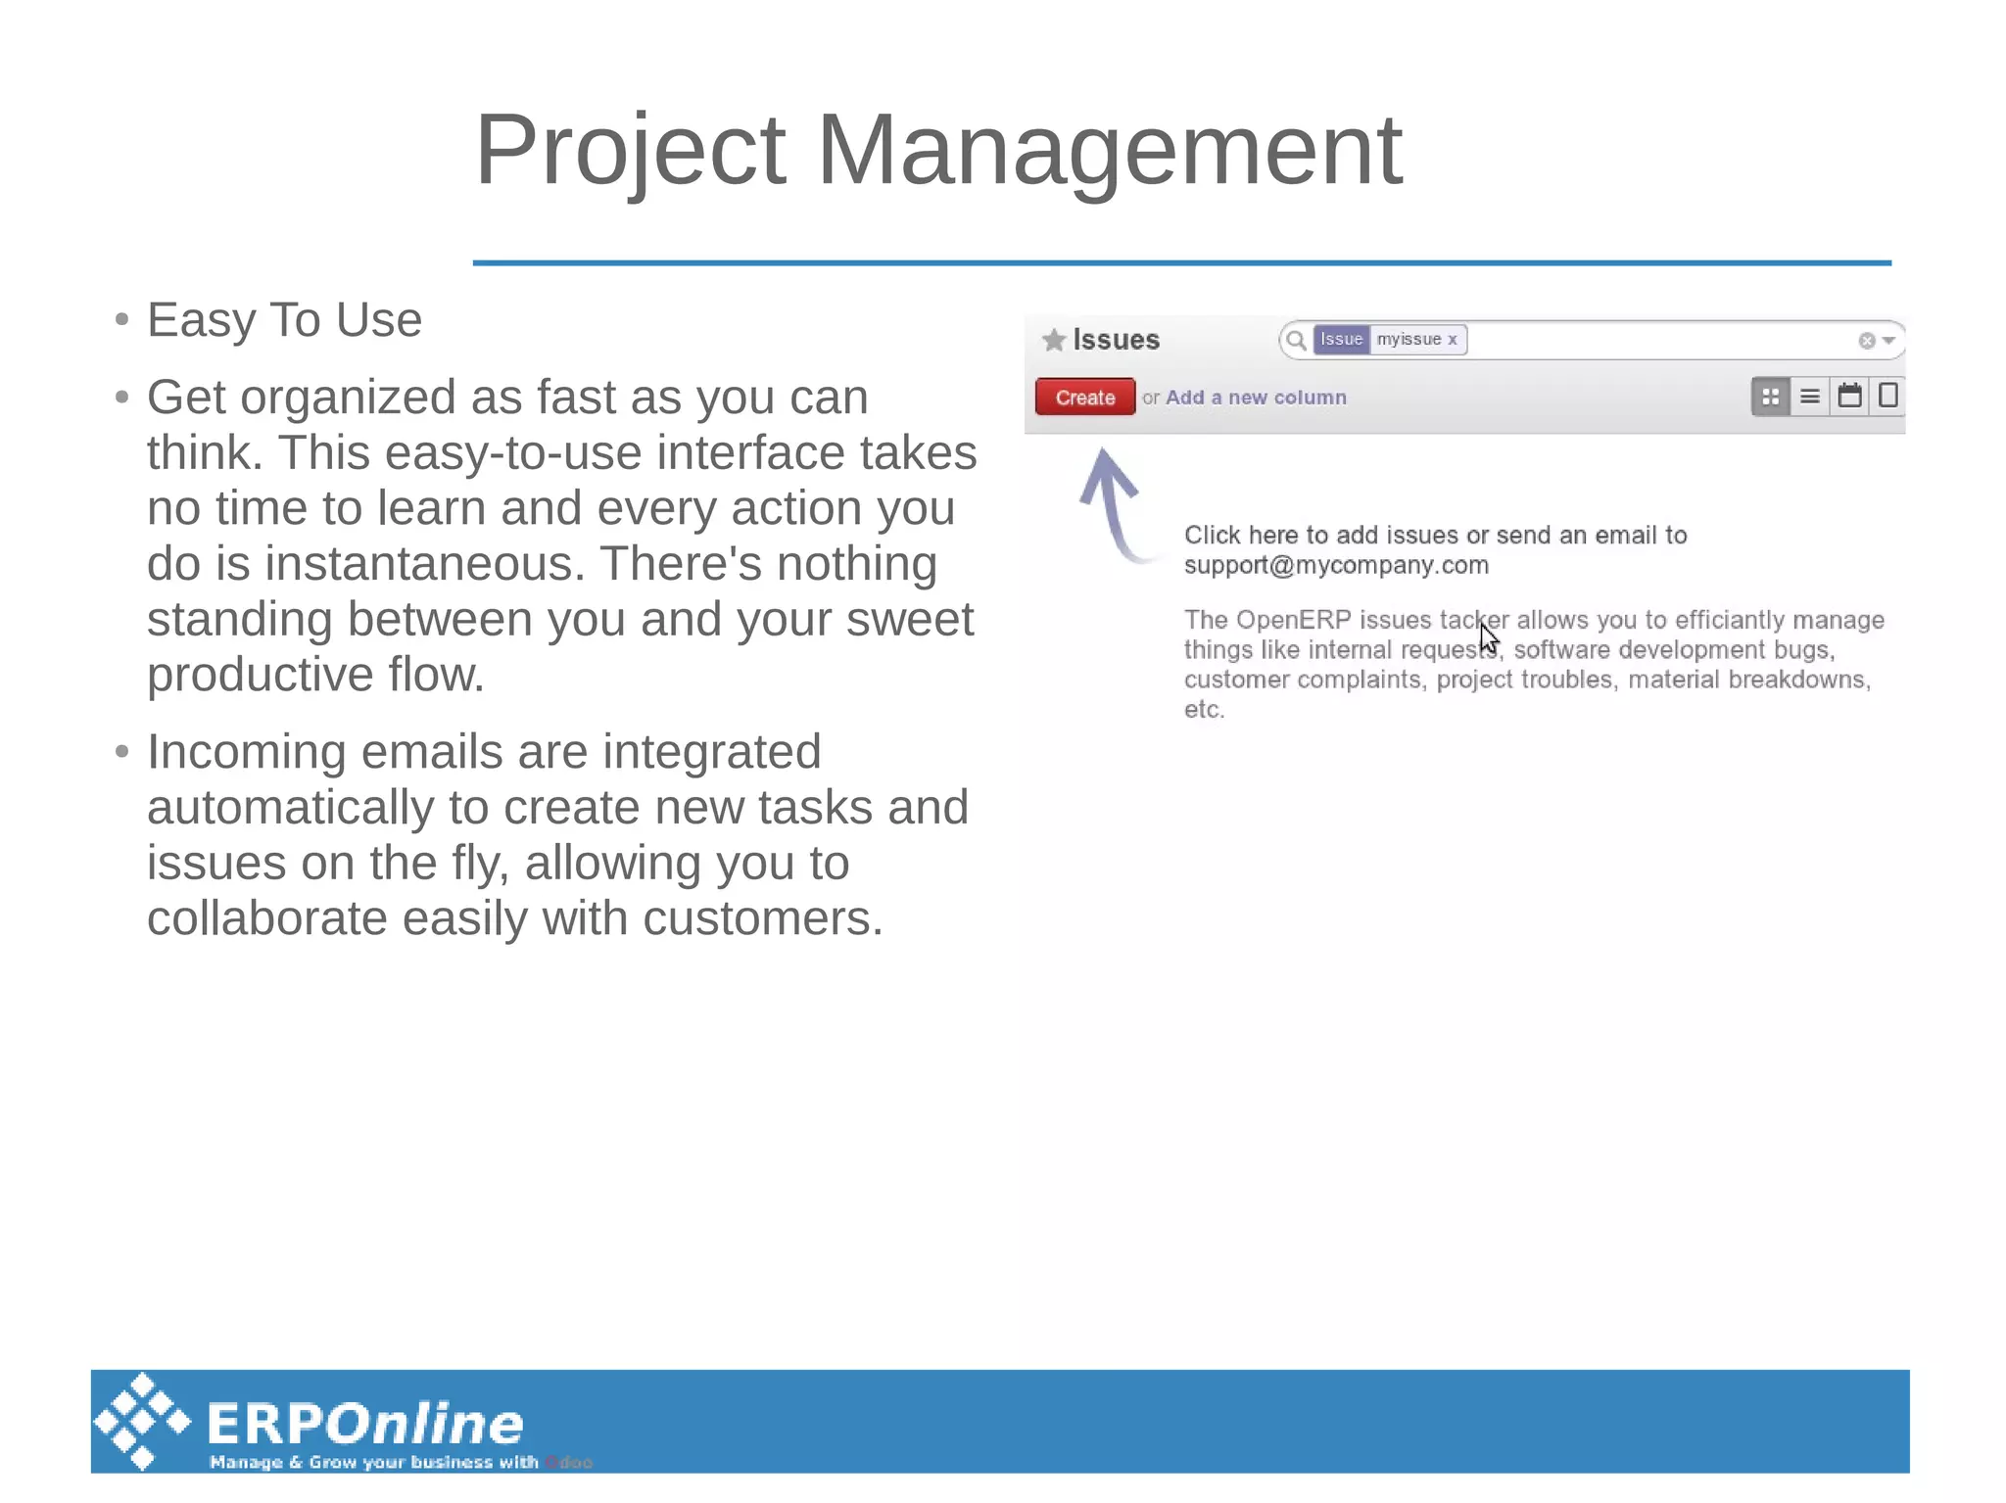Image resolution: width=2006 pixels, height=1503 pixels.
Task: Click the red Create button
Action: [x=1084, y=398]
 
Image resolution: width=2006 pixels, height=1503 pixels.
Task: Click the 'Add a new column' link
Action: [x=1256, y=398]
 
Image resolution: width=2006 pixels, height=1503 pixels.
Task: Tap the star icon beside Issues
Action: [x=1054, y=340]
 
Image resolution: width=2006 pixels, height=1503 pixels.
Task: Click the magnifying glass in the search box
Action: [x=1296, y=340]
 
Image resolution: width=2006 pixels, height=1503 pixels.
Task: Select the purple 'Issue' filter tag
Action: [x=1341, y=339]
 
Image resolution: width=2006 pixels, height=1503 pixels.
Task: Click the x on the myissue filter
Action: [x=1453, y=339]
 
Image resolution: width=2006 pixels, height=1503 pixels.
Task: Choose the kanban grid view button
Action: [x=1770, y=397]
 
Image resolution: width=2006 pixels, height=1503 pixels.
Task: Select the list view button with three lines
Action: [x=1810, y=397]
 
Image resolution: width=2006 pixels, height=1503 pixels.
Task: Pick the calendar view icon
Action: [x=1849, y=396]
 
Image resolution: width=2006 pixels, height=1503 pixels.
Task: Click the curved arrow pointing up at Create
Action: [x=1112, y=500]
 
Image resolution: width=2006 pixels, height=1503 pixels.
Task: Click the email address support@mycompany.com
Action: [x=1336, y=565]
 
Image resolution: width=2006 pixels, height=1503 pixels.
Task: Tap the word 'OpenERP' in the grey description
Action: [x=1293, y=620]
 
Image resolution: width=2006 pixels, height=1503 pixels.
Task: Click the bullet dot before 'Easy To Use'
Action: [x=121, y=319]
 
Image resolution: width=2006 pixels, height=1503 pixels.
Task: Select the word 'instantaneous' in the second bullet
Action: [x=424, y=564]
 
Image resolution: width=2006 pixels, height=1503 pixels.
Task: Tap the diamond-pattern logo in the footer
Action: [x=143, y=1421]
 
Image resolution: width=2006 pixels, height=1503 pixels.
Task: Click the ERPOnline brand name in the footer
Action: [x=365, y=1423]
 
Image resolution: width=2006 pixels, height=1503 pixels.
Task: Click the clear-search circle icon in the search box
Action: [x=1866, y=341]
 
